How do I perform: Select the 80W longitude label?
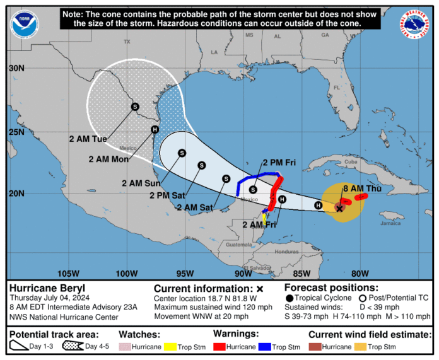coord(360,273)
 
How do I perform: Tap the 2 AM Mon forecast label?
coord(110,160)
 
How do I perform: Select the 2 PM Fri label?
coord(279,163)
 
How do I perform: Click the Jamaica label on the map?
coord(390,223)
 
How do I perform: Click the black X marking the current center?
coord(339,208)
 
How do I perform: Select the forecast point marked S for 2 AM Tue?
coord(135,107)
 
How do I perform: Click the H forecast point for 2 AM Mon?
coord(155,129)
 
